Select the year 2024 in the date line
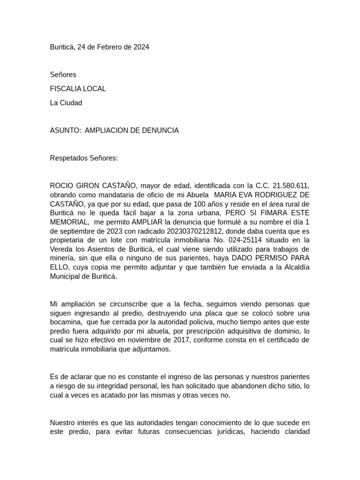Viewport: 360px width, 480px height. (141, 47)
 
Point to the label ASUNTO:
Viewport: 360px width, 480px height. (65, 130)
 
